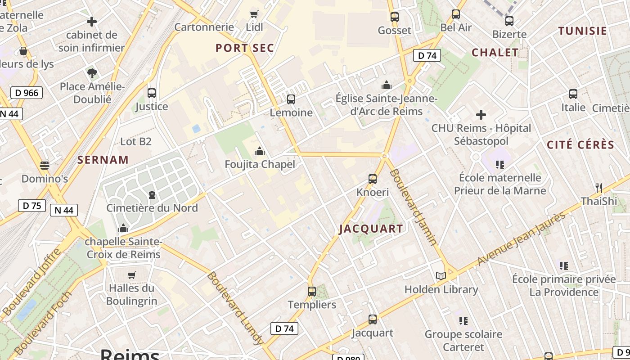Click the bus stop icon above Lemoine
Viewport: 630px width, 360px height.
click(291, 99)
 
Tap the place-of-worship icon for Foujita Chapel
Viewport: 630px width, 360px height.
click(260, 151)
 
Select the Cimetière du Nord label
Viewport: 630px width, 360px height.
click(152, 208)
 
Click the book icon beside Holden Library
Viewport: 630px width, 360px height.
click(441, 276)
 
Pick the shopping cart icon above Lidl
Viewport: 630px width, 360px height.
click(254, 14)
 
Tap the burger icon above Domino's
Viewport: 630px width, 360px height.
click(44, 166)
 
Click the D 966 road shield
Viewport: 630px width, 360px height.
click(27, 93)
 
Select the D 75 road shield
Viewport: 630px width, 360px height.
click(32, 206)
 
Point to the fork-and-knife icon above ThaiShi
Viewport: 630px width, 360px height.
click(598, 188)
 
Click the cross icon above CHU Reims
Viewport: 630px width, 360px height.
click(481, 115)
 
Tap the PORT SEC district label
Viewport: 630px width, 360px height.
click(245, 48)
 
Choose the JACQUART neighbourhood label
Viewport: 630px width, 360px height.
click(371, 229)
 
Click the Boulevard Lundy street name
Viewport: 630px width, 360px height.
click(235, 308)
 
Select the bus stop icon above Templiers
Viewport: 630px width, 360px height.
click(312, 292)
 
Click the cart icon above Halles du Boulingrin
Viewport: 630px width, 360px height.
click(132, 275)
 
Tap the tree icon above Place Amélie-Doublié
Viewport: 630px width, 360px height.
click(92, 73)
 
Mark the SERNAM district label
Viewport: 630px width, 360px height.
click(103, 160)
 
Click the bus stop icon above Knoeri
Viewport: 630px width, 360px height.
click(373, 179)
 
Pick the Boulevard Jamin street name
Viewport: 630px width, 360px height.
click(413, 207)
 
